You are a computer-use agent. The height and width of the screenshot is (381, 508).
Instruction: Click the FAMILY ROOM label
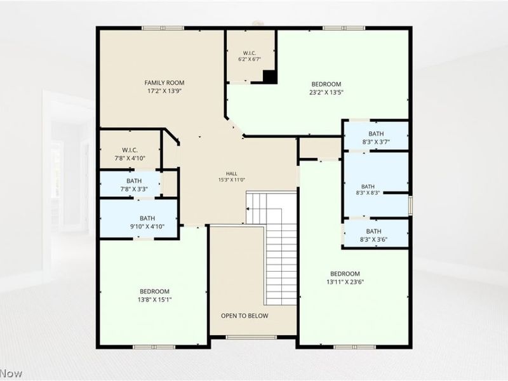[164, 83]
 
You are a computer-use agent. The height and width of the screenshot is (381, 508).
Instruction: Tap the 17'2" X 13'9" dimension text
[164, 91]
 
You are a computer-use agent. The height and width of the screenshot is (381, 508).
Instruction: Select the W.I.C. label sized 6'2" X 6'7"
[250, 53]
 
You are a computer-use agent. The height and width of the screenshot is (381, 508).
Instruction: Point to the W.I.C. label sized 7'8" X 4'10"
[130, 150]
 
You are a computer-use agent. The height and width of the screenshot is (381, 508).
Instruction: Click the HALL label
[232, 173]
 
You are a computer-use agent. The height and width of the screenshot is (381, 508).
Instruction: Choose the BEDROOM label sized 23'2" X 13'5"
[326, 84]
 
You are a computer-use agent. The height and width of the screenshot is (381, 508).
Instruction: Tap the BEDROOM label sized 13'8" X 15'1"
[154, 291]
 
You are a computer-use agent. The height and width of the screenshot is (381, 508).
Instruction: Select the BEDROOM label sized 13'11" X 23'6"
[345, 274]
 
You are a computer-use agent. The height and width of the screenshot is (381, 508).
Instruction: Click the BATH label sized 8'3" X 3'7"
[376, 133]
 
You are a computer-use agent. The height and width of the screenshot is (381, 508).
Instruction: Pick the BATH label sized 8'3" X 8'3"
[368, 187]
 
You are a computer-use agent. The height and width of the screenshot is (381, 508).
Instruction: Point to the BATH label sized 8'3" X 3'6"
[374, 231]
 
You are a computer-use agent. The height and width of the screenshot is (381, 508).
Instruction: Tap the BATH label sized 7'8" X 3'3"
[134, 181]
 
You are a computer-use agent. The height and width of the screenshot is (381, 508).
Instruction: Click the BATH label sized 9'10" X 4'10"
[147, 218]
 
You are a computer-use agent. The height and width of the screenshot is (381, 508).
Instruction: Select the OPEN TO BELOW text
[244, 316]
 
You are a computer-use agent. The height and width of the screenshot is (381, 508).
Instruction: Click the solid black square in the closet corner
[270, 77]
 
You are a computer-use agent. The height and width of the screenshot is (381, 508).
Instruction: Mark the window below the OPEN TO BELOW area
[251, 337]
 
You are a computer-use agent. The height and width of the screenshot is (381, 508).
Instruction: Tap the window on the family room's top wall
[163, 28]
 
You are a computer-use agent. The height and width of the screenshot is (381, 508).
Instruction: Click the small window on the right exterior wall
[410, 204]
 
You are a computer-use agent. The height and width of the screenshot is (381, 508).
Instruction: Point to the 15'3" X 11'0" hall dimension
[232, 180]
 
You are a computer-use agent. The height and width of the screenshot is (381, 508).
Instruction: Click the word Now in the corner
[11, 373]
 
